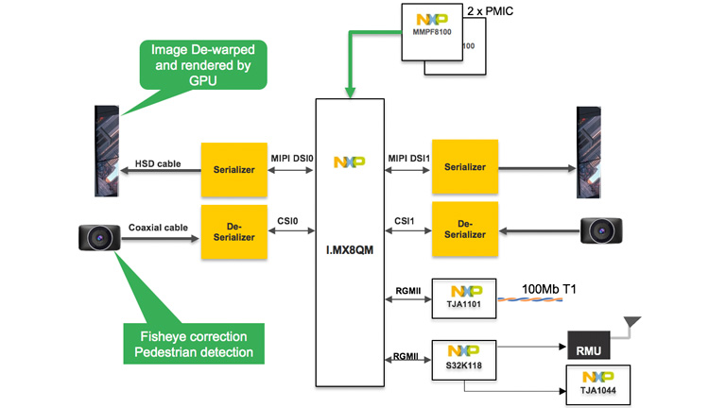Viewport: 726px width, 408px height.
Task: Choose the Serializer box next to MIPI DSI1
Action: click(x=464, y=167)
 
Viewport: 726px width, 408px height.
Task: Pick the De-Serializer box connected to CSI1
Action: click(x=464, y=230)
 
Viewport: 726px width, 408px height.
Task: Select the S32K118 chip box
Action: click(x=463, y=358)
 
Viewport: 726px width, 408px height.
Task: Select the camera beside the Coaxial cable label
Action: click(x=98, y=237)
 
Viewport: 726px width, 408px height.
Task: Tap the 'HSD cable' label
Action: click(x=157, y=163)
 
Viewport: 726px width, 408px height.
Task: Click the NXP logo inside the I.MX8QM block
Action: click(x=349, y=162)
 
